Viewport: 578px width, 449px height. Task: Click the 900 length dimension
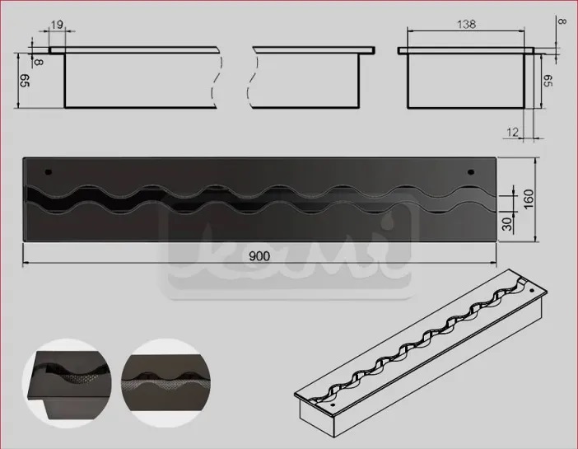[259, 255]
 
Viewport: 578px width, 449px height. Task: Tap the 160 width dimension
[529, 199]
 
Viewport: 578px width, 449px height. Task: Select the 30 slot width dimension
[507, 223]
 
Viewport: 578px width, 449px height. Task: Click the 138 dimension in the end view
[466, 25]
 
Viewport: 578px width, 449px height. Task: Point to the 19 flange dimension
[57, 25]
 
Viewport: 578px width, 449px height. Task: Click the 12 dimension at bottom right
[512, 132]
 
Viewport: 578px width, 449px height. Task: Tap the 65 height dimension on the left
[25, 81]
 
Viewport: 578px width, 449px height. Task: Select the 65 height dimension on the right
[548, 81]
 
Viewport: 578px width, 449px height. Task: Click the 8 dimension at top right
[563, 21]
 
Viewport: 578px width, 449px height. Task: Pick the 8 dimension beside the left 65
[39, 62]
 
